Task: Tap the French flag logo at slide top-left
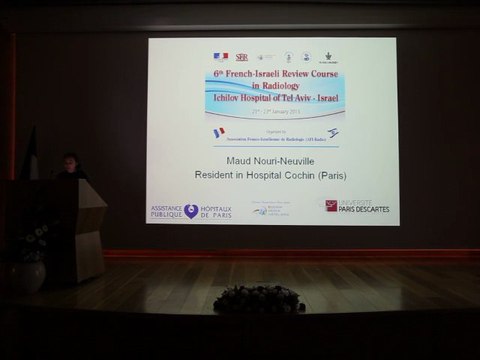(x=219, y=56)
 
